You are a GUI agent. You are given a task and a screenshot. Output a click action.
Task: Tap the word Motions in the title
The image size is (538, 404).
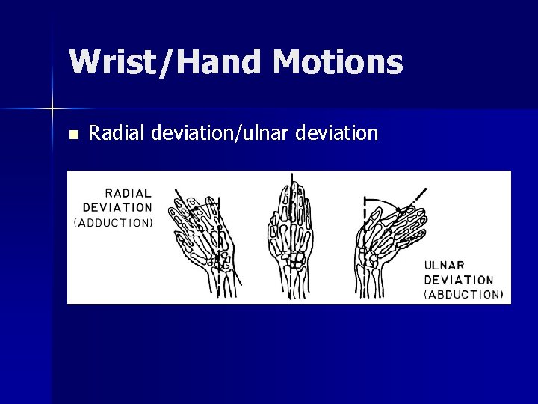coord(338,63)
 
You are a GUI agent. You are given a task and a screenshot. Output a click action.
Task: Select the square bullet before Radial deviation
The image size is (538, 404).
coord(72,135)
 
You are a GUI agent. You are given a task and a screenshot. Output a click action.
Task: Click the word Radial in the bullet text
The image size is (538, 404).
coord(117,134)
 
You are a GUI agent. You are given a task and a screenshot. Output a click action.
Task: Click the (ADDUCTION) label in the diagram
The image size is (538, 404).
coord(114,222)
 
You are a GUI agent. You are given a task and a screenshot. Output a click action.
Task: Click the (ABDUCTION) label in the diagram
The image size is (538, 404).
coord(463,294)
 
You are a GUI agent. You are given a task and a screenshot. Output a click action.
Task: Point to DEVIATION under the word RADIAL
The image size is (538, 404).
coord(117,207)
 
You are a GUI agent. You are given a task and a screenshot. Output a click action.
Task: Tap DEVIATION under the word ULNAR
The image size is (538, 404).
coord(459,279)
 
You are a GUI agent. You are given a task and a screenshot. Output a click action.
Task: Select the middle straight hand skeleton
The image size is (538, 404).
coord(291,239)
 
